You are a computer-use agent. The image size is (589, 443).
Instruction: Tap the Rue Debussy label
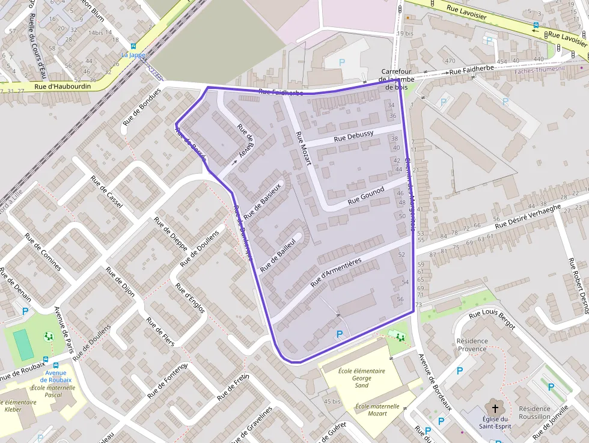pyautogui.click(x=353, y=136)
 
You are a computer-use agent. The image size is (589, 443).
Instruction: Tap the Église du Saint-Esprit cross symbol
pyautogui.click(x=495, y=408)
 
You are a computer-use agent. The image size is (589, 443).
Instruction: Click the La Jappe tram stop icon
pyautogui.click(x=133, y=46)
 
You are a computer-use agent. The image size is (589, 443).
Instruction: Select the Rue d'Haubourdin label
pyautogui.click(x=62, y=87)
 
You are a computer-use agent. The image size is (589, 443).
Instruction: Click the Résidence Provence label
pyautogui.click(x=472, y=344)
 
